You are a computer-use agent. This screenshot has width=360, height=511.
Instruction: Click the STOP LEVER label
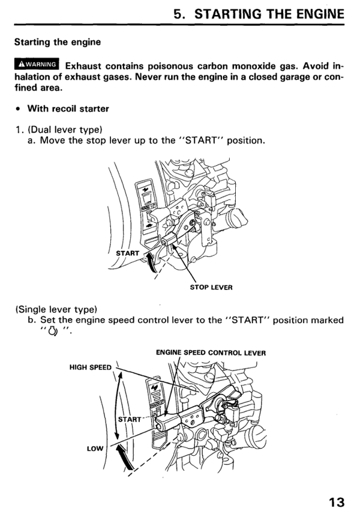click(x=211, y=287)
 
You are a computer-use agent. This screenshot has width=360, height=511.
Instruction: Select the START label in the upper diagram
click(x=127, y=253)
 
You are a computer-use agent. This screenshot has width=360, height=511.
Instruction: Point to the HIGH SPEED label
click(x=91, y=367)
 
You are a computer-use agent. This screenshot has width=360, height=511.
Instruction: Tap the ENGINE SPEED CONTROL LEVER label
click(x=211, y=353)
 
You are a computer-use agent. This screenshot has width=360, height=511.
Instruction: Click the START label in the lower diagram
click(x=130, y=419)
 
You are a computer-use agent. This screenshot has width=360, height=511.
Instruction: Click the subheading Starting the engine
click(x=58, y=43)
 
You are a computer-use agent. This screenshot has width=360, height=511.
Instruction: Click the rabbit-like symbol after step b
click(x=52, y=331)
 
